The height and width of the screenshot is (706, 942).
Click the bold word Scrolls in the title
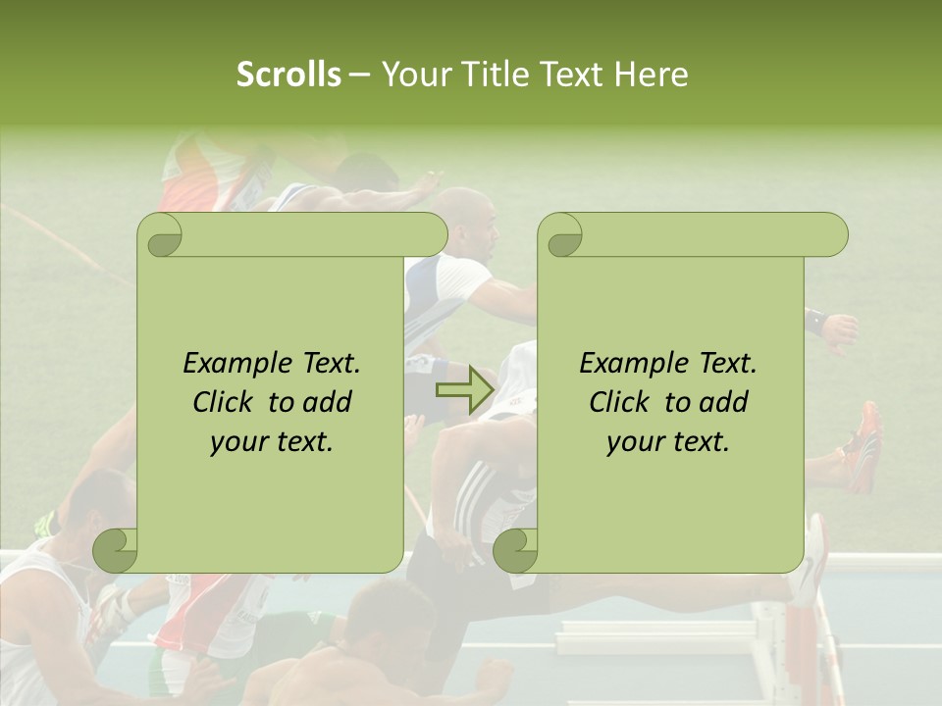tap(288, 74)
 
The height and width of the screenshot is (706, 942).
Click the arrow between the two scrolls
tap(464, 391)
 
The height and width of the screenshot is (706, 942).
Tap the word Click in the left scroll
tap(226, 402)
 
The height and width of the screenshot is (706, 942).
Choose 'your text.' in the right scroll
tap(668, 441)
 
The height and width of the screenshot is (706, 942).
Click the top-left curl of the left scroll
tap(159, 235)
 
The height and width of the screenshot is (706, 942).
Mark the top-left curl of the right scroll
tap(560, 235)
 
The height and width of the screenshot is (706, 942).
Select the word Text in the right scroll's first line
tap(728, 363)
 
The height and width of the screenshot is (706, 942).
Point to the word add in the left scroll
tap(328, 402)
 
